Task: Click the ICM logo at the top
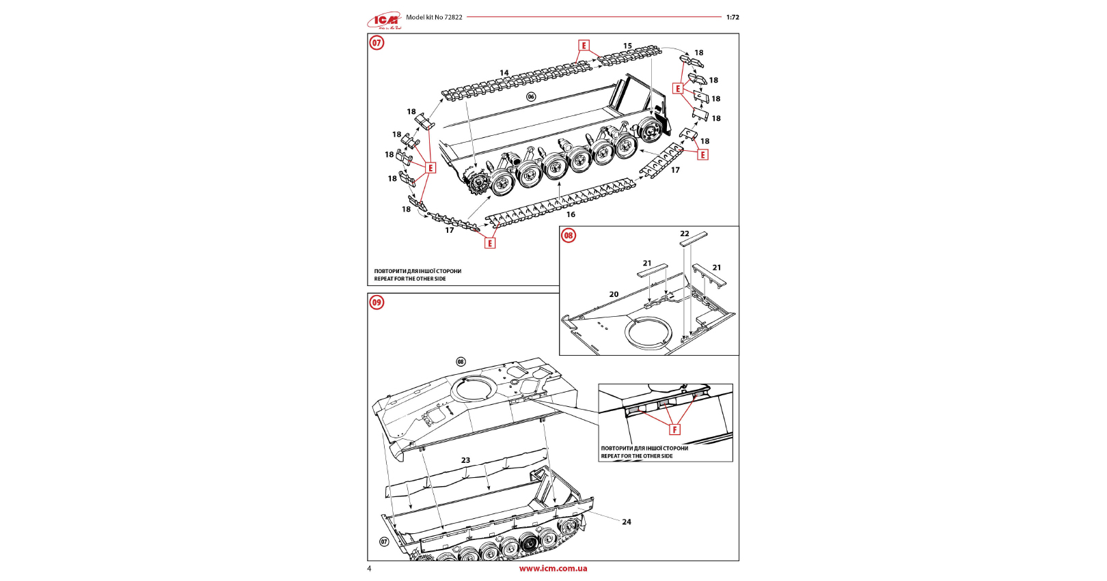[384, 20]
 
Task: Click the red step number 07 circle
[377, 43]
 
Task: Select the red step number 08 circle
[569, 236]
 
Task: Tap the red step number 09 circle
[377, 302]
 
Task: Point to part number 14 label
[504, 73]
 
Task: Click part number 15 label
[627, 46]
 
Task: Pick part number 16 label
[571, 214]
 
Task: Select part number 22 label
[684, 233]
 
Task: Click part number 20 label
[614, 294]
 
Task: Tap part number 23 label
[465, 460]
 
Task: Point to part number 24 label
[627, 522]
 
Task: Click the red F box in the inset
[674, 429]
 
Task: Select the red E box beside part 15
[584, 46]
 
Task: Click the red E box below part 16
[490, 243]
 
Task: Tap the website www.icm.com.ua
[553, 568]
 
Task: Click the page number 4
[370, 569]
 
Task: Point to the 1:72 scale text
[733, 18]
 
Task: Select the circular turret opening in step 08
[648, 334]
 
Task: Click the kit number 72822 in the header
[453, 18]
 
